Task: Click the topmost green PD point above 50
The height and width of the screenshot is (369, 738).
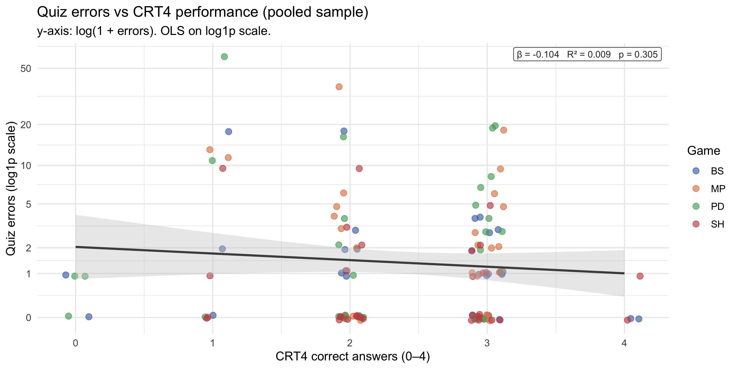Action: [x=224, y=57]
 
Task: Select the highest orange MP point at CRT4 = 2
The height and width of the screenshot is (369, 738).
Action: [x=339, y=87]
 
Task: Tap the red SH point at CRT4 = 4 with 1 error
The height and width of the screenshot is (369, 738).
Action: [x=640, y=276]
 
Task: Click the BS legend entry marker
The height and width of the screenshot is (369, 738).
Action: [x=696, y=171]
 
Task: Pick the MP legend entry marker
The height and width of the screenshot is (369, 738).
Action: [x=696, y=188]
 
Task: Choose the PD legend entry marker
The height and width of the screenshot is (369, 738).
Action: [x=696, y=206]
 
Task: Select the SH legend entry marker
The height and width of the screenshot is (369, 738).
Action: [x=696, y=224]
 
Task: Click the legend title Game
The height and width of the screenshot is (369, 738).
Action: [x=703, y=151]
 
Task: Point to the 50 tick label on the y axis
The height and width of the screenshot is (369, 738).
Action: [x=26, y=69]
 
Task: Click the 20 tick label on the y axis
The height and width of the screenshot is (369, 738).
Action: [x=26, y=125]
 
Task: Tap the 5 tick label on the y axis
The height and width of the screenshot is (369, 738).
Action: [x=28, y=205]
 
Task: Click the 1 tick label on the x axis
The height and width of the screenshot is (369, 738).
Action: [x=213, y=343]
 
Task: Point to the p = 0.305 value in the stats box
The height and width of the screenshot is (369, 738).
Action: [x=638, y=54]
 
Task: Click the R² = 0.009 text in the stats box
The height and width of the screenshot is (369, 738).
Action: [x=589, y=54]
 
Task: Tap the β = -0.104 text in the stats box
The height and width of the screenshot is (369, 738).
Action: [x=538, y=54]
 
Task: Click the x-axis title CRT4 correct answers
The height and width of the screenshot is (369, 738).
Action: [x=352, y=357]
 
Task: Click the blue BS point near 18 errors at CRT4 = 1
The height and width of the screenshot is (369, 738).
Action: [x=228, y=132]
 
